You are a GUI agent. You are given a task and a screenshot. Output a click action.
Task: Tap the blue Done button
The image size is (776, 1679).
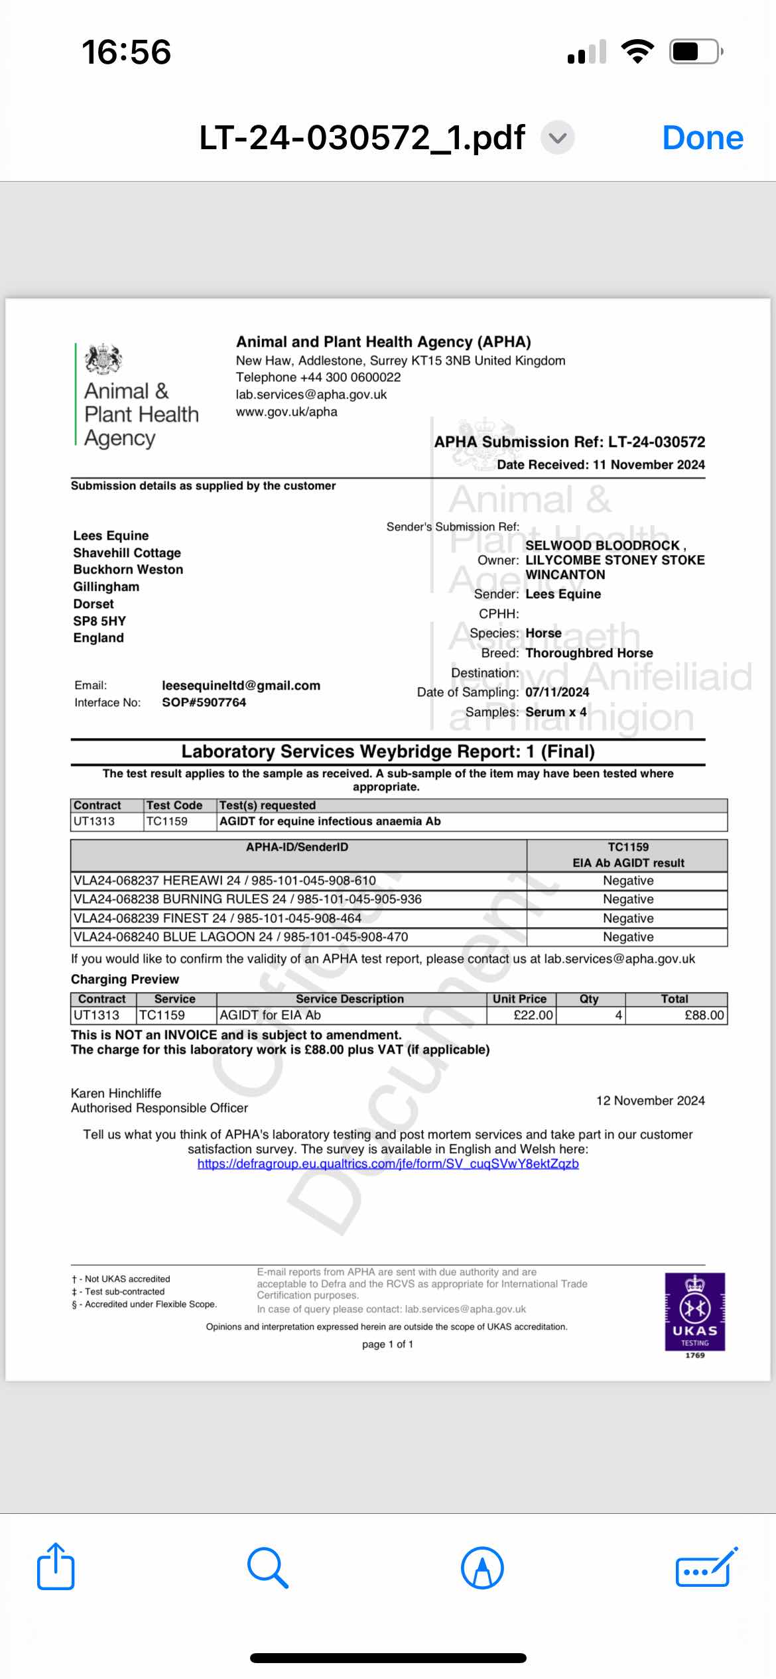702,138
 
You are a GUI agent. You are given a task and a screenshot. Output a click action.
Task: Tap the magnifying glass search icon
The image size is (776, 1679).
267,1568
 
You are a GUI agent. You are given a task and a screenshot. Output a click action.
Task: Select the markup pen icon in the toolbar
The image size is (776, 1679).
482,1568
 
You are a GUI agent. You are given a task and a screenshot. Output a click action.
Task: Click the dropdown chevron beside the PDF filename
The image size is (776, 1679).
558,138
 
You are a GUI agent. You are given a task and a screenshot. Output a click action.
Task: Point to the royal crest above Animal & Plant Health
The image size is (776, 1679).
103,359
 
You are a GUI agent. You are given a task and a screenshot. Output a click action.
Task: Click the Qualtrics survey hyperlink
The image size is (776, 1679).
388,1164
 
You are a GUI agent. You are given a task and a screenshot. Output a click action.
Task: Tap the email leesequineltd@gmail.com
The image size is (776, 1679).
241,686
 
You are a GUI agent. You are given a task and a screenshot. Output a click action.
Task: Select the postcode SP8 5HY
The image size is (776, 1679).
99,621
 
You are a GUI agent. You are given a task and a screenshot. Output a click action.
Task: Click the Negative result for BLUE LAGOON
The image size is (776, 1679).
628,937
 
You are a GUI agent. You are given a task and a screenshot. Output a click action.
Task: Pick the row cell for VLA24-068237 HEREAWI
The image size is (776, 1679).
225,881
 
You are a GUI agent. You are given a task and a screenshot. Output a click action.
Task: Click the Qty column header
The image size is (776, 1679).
589,999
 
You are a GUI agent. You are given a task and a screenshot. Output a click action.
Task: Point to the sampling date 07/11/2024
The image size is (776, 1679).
557,692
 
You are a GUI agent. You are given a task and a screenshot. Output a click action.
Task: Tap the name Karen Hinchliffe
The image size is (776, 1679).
116,1093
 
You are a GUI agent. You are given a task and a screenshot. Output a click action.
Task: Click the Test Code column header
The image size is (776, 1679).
174,806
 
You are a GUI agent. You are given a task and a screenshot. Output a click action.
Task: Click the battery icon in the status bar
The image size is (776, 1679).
694,52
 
